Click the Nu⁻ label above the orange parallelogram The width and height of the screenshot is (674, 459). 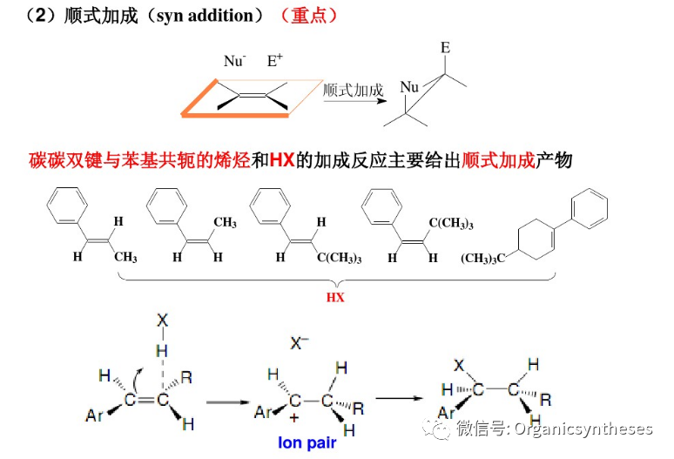(234, 61)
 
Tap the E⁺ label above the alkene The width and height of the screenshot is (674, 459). (274, 61)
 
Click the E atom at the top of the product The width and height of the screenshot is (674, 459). (444, 46)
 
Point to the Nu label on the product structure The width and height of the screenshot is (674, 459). (409, 88)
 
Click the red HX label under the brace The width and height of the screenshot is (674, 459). (336, 296)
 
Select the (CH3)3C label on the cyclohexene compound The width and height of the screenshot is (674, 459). (484, 258)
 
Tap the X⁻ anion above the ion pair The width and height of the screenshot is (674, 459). (300, 345)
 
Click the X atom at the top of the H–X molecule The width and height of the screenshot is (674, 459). (161, 321)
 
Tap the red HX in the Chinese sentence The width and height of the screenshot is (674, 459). (282, 161)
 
